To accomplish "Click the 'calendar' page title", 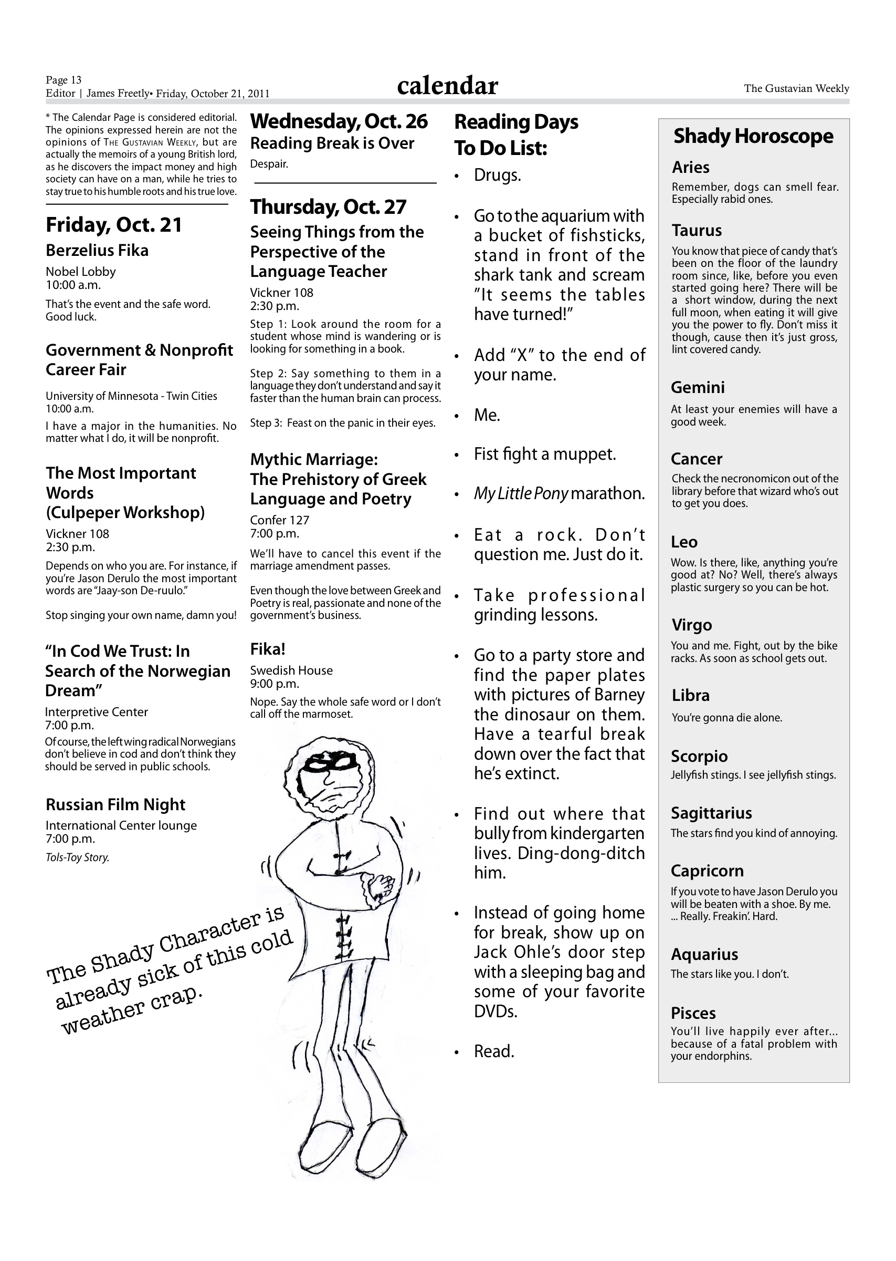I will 447,86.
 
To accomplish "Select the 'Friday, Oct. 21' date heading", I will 114,225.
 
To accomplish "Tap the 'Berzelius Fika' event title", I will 97,251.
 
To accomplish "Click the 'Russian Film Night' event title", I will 115,804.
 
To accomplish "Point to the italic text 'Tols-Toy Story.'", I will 77,857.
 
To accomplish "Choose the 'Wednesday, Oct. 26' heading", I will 339,121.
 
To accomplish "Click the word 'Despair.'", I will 269,164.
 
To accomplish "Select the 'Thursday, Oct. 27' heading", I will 328,207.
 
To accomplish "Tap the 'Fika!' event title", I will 268,649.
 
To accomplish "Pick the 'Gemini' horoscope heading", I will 698,388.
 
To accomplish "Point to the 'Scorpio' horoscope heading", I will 699,757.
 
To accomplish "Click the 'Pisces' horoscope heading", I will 693,1013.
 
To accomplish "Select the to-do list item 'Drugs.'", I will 497,175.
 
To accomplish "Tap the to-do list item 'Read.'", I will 494,1052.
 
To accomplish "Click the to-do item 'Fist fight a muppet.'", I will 544,454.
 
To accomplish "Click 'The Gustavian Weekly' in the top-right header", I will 796,88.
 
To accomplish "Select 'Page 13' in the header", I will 64,80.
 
